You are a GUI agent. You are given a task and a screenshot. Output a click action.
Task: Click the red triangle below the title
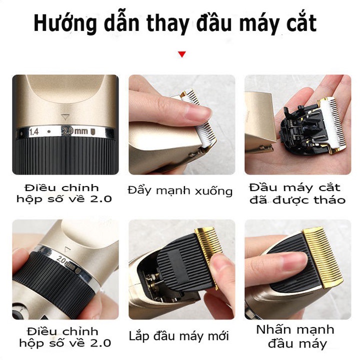click(x=182, y=54)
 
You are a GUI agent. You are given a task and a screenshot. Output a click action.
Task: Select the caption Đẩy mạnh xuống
click(x=180, y=191)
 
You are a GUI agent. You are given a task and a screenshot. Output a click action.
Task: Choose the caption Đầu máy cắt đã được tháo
click(x=297, y=193)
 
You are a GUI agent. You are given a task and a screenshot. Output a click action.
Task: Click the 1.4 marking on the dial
click(x=34, y=132)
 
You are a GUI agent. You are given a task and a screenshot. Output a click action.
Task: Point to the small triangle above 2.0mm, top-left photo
click(x=64, y=117)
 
